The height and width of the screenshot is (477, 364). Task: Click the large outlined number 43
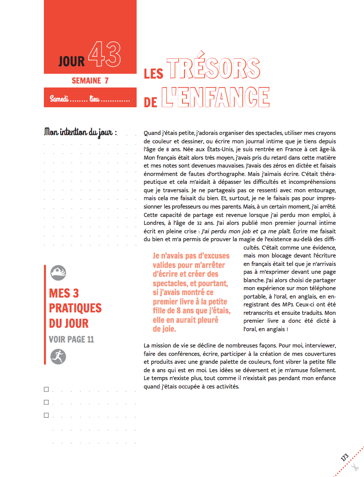click(x=105, y=55)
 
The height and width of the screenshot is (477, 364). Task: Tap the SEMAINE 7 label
click(x=90, y=81)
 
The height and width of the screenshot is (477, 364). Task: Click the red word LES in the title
click(x=153, y=74)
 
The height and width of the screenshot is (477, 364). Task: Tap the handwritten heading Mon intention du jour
click(x=81, y=132)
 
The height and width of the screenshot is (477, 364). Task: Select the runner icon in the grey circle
click(x=58, y=356)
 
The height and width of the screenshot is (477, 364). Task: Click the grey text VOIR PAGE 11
click(x=72, y=339)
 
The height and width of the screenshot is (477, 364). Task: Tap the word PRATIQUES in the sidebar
click(x=75, y=308)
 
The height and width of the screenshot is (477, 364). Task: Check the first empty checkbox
click(x=46, y=390)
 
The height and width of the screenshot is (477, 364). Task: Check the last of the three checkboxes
click(x=46, y=415)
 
